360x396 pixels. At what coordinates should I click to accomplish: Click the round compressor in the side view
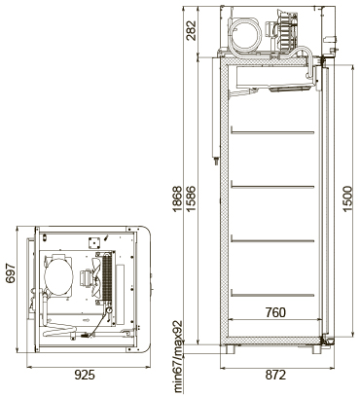248,35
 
